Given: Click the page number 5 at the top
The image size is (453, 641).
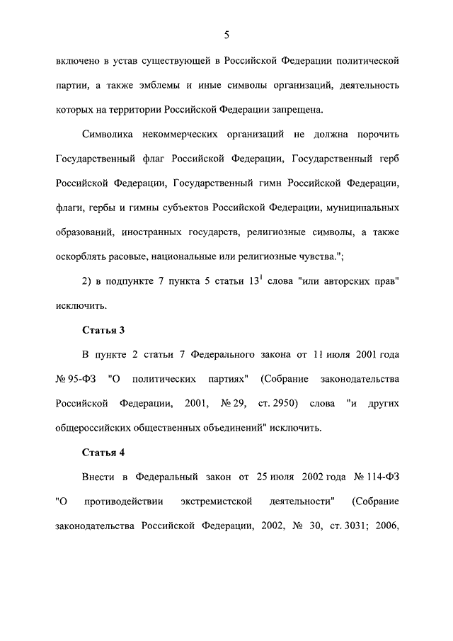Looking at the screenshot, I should click(226, 34).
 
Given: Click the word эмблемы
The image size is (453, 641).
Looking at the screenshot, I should click(170, 85).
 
